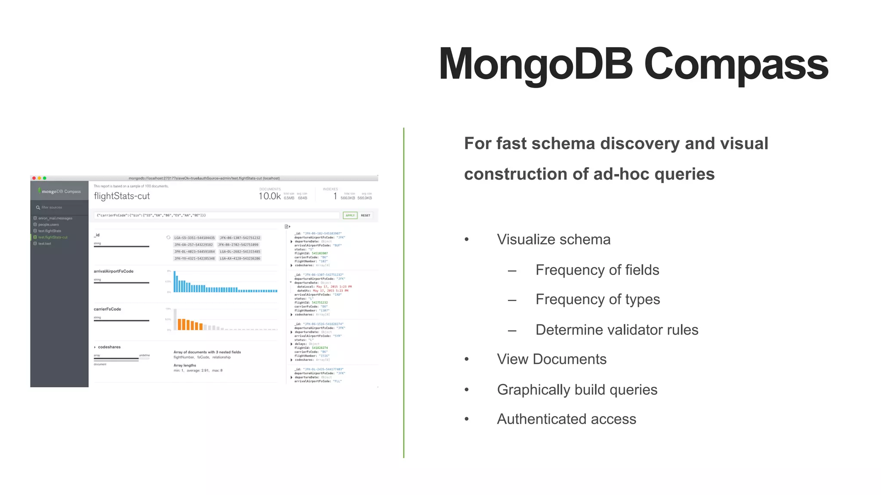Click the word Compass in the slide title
pyautogui.click(x=736, y=64)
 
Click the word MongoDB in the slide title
pyautogui.click(x=536, y=64)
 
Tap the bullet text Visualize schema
pyautogui.click(x=553, y=239)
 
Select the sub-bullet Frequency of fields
pyautogui.click(x=597, y=270)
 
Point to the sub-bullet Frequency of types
pyautogui.click(x=598, y=299)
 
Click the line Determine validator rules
pyautogui.click(x=616, y=330)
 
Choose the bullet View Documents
pyautogui.click(x=551, y=359)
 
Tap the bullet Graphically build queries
pyautogui.click(x=577, y=389)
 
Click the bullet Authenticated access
pyautogui.click(x=566, y=419)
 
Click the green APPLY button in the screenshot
pyautogui.click(x=350, y=215)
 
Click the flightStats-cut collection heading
pyautogui.click(x=122, y=196)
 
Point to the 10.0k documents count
pyautogui.click(x=269, y=196)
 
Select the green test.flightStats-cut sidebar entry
pyautogui.click(x=52, y=237)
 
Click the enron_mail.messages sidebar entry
pyautogui.click(x=55, y=218)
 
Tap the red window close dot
pyautogui.click(x=34, y=178)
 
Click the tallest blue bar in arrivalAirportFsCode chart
pyautogui.click(x=175, y=282)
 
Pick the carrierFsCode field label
pyautogui.click(x=108, y=309)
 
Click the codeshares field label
pyautogui.click(x=109, y=347)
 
